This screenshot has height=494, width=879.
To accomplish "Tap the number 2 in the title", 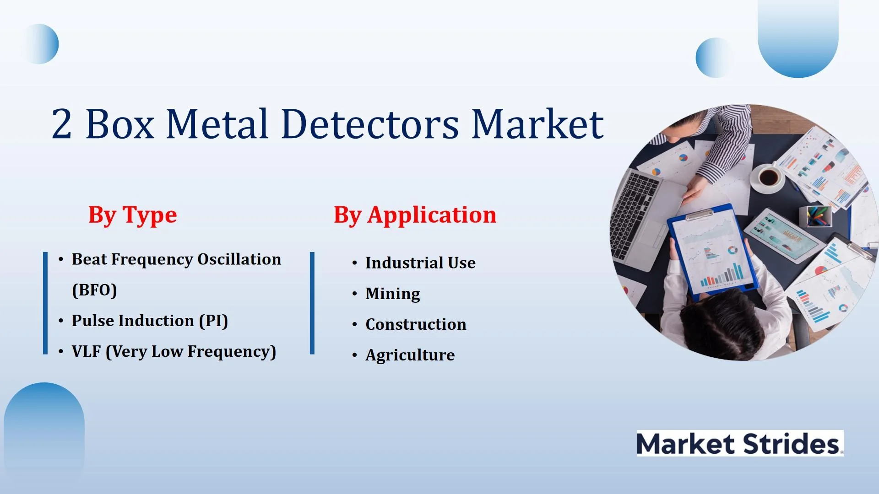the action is click(62, 123).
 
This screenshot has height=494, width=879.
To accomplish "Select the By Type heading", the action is click(133, 215).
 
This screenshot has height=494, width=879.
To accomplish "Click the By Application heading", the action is click(415, 215).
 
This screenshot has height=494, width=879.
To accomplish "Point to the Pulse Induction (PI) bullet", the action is click(150, 321).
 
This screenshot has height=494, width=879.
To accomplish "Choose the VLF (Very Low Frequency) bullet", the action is click(174, 351).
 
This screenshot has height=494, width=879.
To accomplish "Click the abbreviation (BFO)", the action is click(94, 290).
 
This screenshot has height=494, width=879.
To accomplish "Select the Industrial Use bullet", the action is click(420, 263).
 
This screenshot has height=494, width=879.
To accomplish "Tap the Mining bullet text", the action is click(393, 294).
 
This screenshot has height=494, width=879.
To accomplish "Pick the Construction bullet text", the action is click(416, 324).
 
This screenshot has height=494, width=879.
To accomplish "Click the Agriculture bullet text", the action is click(410, 355).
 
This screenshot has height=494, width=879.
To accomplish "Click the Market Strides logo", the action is click(740, 443).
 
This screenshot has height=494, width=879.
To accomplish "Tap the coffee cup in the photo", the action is click(769, 177).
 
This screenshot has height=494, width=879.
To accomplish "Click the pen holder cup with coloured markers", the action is click(815, 216).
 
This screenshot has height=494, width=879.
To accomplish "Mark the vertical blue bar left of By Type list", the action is click(45, 303).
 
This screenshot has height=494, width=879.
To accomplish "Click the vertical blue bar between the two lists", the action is click(312, 303).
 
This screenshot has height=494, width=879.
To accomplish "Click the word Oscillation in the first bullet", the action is click(239, 259).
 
